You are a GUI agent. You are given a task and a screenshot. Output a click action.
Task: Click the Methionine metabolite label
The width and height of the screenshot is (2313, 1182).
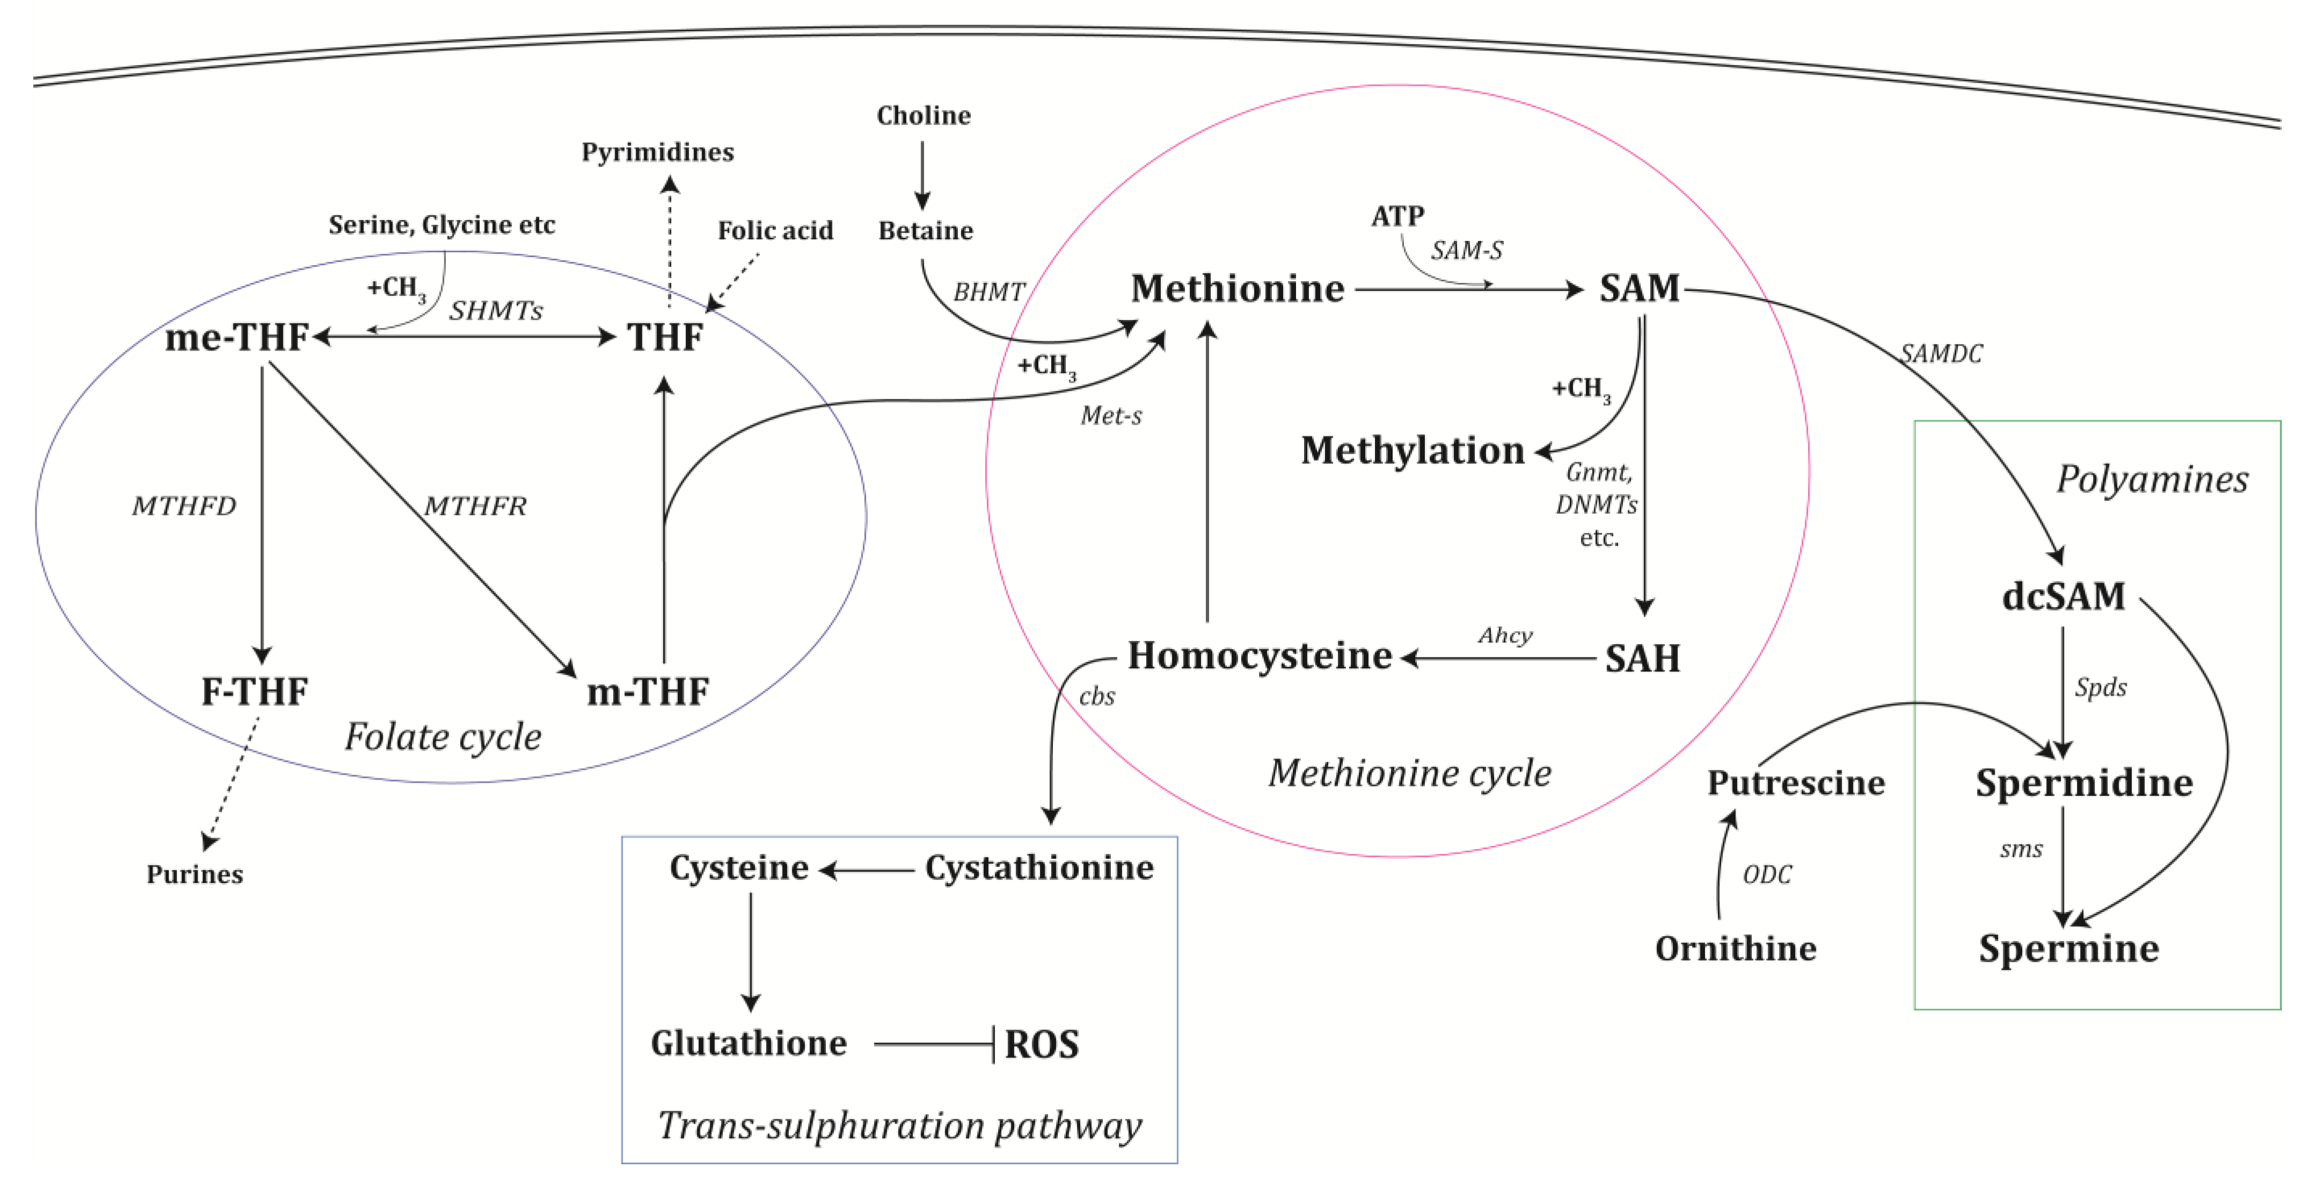coord(1238,289)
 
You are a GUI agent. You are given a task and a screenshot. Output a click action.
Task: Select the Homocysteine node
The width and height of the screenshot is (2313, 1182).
coord(1259,656)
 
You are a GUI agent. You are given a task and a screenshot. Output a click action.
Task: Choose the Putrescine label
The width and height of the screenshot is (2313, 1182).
coord(1796,783)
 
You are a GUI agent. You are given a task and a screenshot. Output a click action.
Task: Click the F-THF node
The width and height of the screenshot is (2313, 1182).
coord(254,691)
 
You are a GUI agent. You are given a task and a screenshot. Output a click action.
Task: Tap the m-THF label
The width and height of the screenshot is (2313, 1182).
coord(647,691)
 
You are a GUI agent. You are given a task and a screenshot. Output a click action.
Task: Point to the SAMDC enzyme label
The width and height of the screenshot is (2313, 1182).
coord(1941,354)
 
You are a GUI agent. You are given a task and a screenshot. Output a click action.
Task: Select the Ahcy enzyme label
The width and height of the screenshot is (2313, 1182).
coord(1505,636)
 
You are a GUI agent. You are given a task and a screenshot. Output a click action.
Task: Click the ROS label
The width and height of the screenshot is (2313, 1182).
coord(1042,1045)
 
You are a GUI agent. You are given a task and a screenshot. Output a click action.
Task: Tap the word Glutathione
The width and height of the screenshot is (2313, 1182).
coord(749,1044)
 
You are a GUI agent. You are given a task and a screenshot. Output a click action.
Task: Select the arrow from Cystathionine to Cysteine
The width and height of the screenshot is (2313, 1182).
coord(867,870)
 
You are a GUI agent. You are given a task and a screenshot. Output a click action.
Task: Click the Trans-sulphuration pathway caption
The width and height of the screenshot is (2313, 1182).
coord(899,1126)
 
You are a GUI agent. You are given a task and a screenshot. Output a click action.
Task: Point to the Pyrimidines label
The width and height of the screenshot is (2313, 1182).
coord(657,152)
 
